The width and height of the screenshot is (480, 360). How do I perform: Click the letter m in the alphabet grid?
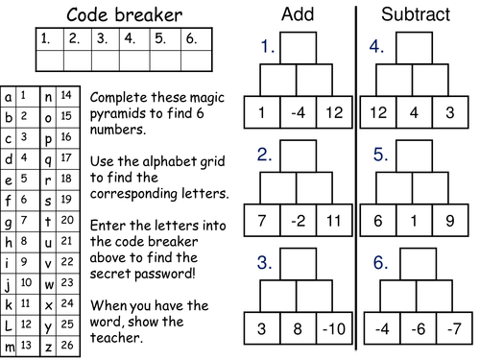9,345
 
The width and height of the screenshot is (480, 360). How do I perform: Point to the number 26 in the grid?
66,345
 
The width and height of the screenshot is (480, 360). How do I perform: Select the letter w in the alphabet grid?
47,283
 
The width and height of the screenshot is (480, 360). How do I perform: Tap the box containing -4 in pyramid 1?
296,112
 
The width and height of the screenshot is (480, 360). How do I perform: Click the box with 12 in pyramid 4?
379,112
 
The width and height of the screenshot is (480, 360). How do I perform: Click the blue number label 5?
379,154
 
